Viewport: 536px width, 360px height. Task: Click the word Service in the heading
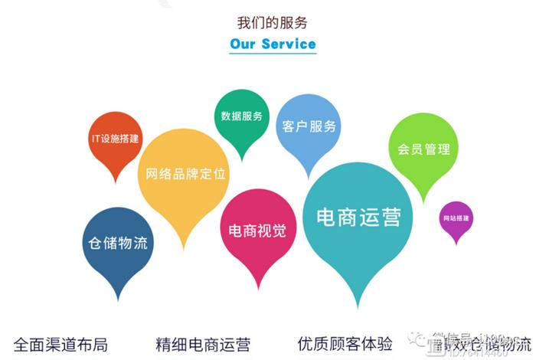[289, 44]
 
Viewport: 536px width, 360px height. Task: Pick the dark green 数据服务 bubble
[241, 116]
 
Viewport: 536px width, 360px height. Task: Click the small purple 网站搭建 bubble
[456, 218]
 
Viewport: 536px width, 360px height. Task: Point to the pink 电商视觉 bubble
[257, 230]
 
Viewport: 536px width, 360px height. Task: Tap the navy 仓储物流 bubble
[117, 244]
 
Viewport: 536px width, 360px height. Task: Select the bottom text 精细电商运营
[202, 344]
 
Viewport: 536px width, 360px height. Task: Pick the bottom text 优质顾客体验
[345, 344]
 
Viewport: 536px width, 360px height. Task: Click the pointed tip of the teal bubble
[358, 307]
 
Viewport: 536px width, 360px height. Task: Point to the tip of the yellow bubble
[183, 248]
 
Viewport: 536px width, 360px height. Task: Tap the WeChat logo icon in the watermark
[418, 339]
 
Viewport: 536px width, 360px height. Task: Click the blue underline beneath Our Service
[273, 54]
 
